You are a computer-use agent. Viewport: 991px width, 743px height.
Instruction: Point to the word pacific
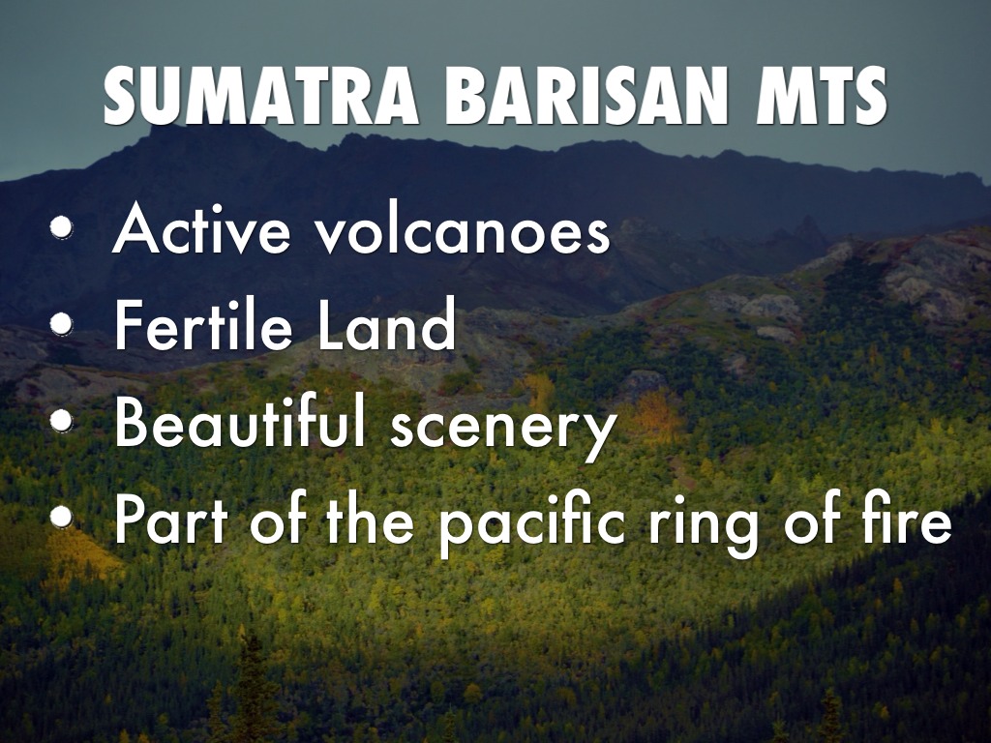pyautogui.click(x=532, y=524)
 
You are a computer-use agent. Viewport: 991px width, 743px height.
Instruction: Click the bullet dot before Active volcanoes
pyautogui.click(x=61, y=227)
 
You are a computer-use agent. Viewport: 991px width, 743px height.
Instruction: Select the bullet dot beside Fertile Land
pyautogui.click(x=61, y=323)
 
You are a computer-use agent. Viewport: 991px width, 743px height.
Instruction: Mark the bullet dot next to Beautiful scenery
pyautogui.click(x=61, y=420)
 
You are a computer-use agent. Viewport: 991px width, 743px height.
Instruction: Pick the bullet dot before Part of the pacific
pyautogui.click(x=61, y=516)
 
